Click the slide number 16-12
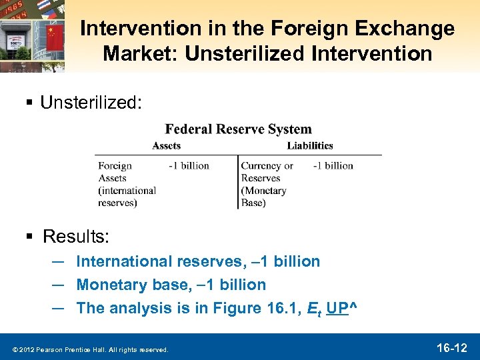coord(452,347)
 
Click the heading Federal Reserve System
coord(238,129)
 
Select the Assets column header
coord(166,145)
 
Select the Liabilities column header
coord(310,145)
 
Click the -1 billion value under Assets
coord(189,165)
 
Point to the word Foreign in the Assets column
coord(115,166)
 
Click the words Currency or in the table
coord(267,166)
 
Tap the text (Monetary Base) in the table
coord(263,197)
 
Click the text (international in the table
coord(127,191)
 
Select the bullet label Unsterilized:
coord(91,102)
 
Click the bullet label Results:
coord(76,237)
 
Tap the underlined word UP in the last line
coord(339,308)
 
